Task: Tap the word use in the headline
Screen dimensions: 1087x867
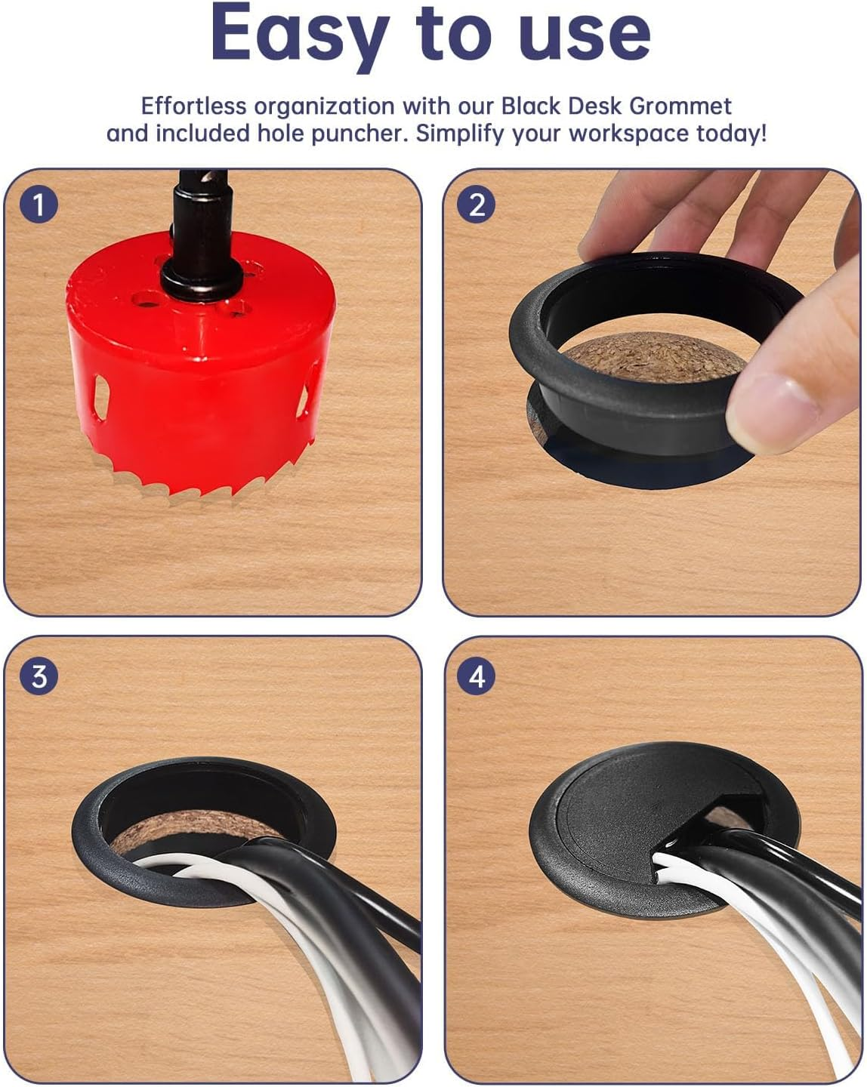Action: pos(585,34)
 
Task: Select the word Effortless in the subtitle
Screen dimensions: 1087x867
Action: pos(193,106)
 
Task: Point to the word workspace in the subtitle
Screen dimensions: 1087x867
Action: pos(628,134)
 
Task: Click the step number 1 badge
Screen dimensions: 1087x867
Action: pos(39,204)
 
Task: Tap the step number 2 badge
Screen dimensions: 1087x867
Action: pos(477,205)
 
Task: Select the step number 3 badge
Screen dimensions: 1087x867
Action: pos(39,676)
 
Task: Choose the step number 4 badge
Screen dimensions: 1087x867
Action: pos(477,676)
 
